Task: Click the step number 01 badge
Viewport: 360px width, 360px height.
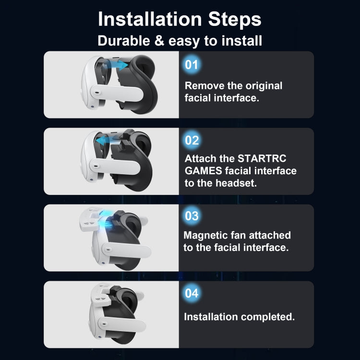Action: click(192, 64)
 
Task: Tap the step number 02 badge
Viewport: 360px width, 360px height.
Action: click(192, 140)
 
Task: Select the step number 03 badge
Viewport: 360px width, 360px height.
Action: click(192, 216)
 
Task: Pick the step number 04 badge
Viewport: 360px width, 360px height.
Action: click(192, 292)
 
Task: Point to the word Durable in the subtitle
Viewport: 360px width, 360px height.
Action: click(124, 41)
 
